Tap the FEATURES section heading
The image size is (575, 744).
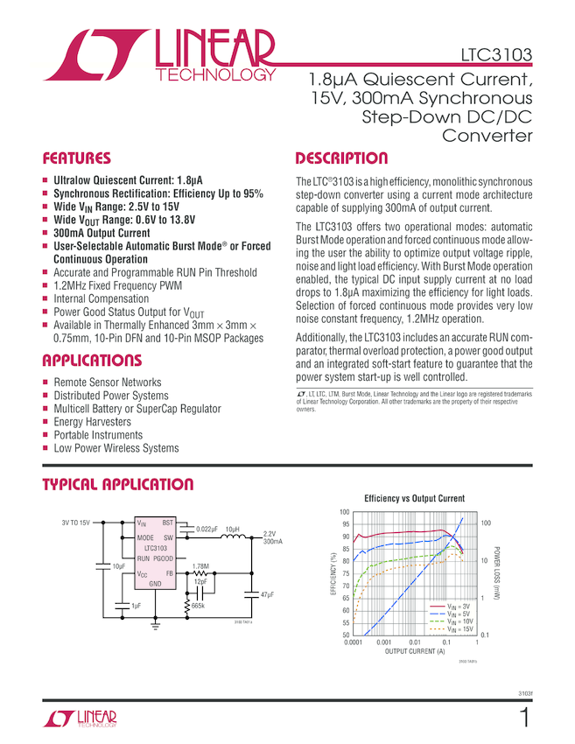(77, 158)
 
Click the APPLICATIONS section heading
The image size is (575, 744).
(91, 360)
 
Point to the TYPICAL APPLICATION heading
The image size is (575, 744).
(117, 484)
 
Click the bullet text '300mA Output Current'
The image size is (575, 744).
(102, 234)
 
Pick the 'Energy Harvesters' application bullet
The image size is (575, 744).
(92, 422)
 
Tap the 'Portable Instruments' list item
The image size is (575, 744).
(97, 435)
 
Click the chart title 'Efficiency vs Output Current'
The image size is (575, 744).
(414, 498)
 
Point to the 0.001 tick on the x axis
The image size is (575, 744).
(382, 642)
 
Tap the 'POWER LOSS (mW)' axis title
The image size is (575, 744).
(495, 572)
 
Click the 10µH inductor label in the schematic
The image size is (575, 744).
(232, 530)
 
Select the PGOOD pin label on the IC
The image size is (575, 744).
(164, 558)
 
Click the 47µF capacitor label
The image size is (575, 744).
(268, 595)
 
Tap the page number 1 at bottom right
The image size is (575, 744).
(524, 719)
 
